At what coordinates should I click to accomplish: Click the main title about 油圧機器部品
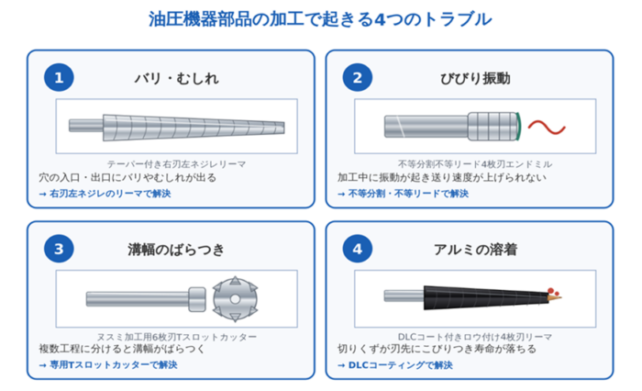tap(320, 19)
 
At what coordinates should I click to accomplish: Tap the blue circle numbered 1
tap(59, 77)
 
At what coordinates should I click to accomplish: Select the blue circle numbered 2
tap(358, 77)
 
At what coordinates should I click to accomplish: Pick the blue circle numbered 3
tap(59, 249)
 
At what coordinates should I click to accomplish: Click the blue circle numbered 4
tap(358, 249)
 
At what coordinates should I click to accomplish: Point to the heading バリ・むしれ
tap(177, 78)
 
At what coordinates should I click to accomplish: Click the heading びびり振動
tap(475, 78)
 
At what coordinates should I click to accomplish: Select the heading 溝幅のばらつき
tap(176, 249)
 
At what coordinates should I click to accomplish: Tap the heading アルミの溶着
tap(475, 249)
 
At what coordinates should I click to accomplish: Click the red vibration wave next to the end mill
tap(547, 127)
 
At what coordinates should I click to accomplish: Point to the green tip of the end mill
tap(519, 127)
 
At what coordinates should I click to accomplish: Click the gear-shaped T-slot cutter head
tap(235, 299)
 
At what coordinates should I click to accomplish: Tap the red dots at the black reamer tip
tap(553, 291)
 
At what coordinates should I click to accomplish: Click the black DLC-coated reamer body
tap(486, 297)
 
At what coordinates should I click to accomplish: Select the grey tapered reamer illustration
tap(176, 127)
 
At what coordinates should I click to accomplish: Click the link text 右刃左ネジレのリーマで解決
tap(105, 194)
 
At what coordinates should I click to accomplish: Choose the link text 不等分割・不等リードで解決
tap(403, 194)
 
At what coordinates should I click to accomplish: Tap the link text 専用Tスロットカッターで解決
tap(108, 364)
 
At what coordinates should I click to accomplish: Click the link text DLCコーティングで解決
tap(395, 364)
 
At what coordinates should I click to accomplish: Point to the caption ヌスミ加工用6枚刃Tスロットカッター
tap(176, 337)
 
